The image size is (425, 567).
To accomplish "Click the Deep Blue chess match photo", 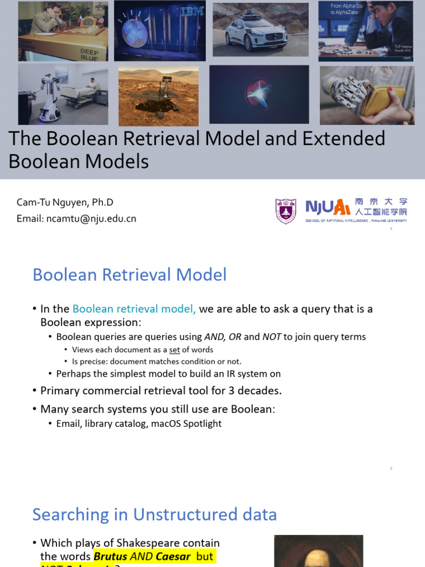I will [x=63, y=30].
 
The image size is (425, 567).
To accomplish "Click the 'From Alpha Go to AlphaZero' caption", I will [x=346, y=9].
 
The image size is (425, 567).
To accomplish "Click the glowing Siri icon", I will [x=259, y=95].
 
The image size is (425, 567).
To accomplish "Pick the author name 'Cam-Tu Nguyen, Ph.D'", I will [x=65, y=203].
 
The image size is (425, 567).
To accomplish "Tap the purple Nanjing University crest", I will [x=286, y=211].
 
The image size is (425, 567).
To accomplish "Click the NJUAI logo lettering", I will [x=328, y=208].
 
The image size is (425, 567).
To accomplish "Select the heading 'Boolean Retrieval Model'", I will [x=129, y=275].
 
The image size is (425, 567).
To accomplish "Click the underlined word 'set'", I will [x=174, y=350].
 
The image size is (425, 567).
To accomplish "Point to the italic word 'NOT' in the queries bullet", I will [x=272, y=337].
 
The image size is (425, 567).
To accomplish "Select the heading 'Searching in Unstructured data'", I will [x=154, y=514].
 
